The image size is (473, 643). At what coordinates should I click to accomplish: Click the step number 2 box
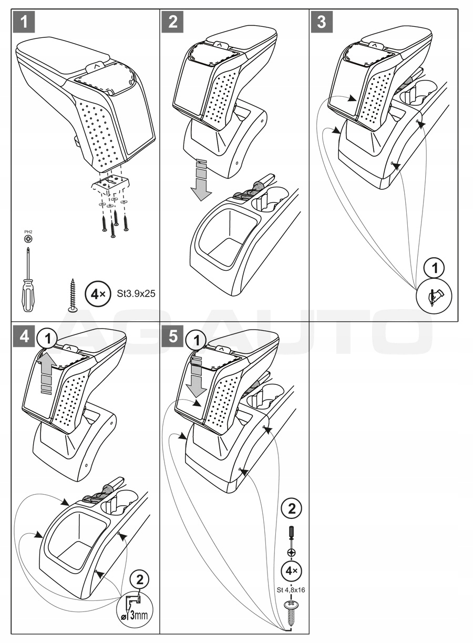[173, 22]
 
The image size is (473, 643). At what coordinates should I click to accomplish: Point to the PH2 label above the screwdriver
[28, 232]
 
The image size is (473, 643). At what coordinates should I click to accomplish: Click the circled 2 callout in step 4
[139, 580]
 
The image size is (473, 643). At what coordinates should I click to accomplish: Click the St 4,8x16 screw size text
[291, 589]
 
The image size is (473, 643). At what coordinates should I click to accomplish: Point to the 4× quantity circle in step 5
[291, 571]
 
